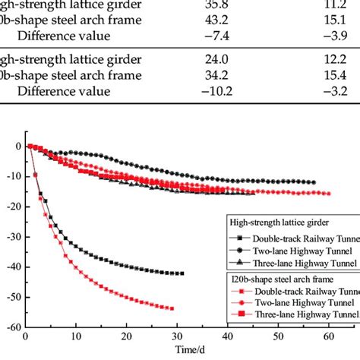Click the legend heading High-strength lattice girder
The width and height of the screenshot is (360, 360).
pos(284,223)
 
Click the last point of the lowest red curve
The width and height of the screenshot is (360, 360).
pos(172,287)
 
